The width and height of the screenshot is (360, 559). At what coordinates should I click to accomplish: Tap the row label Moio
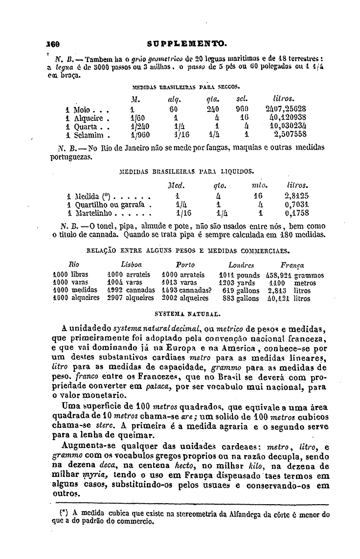point(78,109)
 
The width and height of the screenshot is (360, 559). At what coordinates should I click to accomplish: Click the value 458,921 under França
point(278,275)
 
